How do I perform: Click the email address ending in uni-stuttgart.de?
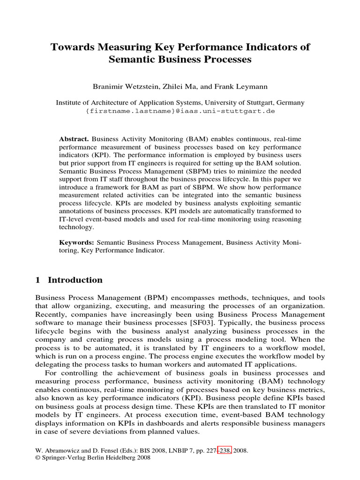point(180,112)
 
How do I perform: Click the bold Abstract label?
point(74,139)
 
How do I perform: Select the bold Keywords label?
point(76,242)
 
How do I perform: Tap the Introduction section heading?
point(75,280)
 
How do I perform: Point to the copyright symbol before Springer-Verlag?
point(38,458)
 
